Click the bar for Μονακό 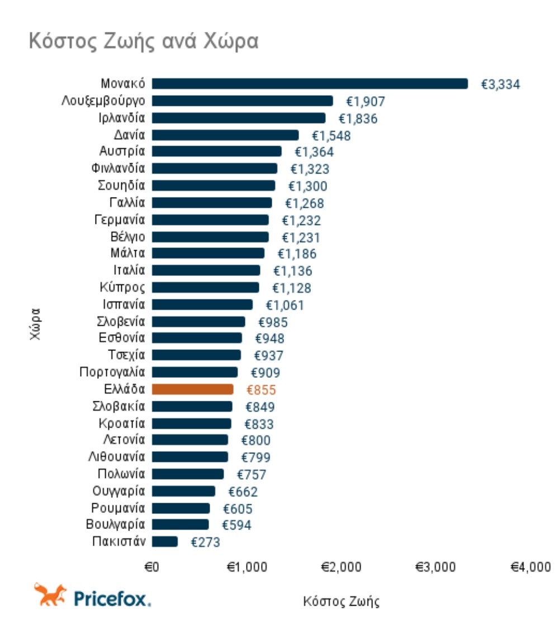pos(310,84)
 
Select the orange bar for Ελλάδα pos(192,389)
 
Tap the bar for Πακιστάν pos(165,542)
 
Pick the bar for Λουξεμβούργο pos(242,101)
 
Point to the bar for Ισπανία pos(202,305)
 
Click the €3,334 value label pos(501,85)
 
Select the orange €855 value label pos(261,390)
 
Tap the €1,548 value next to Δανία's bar pos(331,135)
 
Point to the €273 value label pos(205,542)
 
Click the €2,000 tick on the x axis pos(341,567)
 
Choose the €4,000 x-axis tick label pos(530,567)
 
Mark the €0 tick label pos(152,567)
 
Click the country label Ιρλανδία pos(125,118)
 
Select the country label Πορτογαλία pos(112,372)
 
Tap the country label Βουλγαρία pos(116,525)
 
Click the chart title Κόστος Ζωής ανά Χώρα pos(143,41)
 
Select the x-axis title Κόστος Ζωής pos(341,602)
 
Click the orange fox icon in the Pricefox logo pos(50,594)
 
